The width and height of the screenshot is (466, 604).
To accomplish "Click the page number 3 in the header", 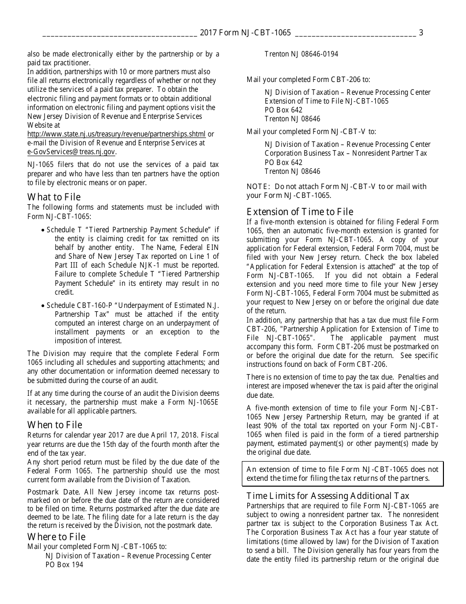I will (421, 33).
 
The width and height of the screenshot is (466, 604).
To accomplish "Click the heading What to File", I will (54, 197).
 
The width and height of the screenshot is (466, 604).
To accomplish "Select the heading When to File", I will (55, 425).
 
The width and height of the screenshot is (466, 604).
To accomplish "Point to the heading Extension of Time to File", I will (300, 212).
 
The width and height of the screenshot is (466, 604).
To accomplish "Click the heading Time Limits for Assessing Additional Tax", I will (328, 495).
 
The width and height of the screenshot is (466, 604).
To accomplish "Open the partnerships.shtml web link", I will (117, 134).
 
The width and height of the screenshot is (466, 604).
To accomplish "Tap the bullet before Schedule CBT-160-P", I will (44, 306).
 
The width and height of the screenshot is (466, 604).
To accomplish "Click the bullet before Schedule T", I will (44, 230).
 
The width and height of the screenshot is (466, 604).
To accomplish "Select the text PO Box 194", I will (64, 565).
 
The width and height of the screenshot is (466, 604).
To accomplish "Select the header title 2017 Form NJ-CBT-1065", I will (245, 33).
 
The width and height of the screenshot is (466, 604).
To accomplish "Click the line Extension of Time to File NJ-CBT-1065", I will (326, 101).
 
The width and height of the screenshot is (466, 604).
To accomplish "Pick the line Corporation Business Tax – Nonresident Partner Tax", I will (346, 153).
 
